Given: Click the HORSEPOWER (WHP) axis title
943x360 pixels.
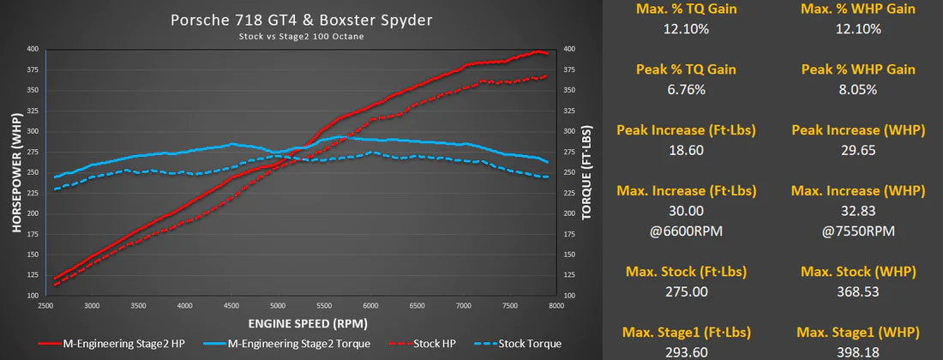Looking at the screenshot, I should pos(15,171).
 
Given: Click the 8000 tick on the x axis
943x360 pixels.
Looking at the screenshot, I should pos(556,305).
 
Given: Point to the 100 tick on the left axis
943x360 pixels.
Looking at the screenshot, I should pos(33,295).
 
